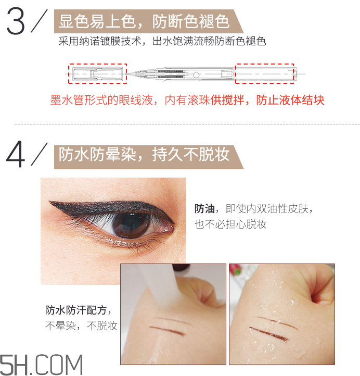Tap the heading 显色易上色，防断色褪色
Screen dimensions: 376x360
pyautogui.click(x=144, y=22)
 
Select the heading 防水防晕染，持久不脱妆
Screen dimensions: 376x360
pyautogui.click(x=144, y=155)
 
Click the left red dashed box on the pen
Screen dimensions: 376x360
pyautogui.click(x=98, y=73)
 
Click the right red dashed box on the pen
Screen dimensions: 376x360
pyautogui.click(x=265, y=73)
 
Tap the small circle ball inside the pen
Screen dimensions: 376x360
pyautogui.click(x=196, y=74)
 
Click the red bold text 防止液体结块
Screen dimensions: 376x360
pyautogui.click(x=290, y=100)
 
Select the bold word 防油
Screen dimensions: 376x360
pyautogui.click(x=204, y=209)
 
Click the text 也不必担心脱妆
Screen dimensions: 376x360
pyautogui.click(x=230, y=224)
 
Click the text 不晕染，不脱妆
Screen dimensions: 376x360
pyautogui.click(x=81, y=327)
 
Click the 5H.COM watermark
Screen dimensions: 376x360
pyautogui.click(x=42, y=364)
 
